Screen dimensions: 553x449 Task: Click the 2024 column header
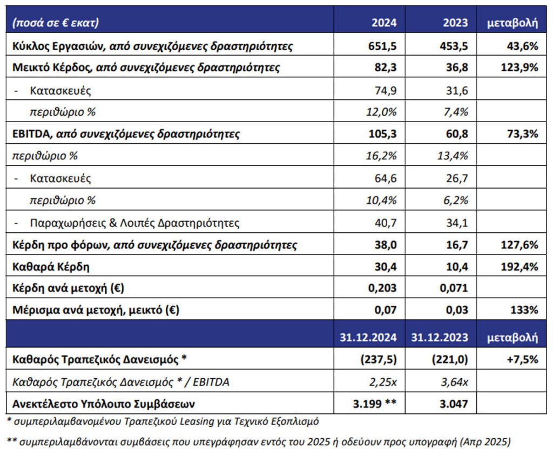tap(384, 23)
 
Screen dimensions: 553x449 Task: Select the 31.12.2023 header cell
tap(440, 338)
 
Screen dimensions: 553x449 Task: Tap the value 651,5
tap(382, 46)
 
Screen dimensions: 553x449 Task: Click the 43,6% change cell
tap(523, 46)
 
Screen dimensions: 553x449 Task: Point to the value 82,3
tap(386, 68)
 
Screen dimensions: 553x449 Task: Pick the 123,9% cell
tap(520, 68)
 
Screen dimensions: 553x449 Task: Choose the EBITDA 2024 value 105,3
tap(382, 134)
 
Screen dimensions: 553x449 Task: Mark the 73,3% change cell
tap(523, 134)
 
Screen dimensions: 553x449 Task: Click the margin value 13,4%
tap(453, 156)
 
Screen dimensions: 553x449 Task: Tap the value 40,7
tap(386, 223)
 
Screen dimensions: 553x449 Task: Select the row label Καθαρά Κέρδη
tap(51, 267)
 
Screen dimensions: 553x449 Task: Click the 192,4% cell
tap(520, 267)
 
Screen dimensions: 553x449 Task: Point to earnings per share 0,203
tap(382, 289)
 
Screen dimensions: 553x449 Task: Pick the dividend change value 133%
tap(524, 310)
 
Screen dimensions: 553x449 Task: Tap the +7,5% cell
tap(523, 360)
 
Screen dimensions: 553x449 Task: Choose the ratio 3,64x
tap(454, 382)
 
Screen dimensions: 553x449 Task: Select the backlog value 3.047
tap(454, 404)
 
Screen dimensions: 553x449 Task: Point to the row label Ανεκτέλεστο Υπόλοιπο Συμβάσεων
tap(103, 404)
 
